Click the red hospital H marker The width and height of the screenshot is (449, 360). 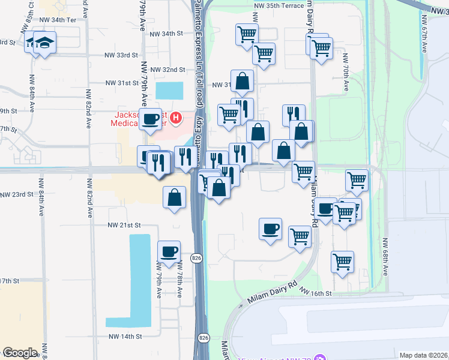pyautogui.click(x=175, y=117)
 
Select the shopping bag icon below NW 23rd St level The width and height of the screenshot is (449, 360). pyautogui.click(x=174, y=197)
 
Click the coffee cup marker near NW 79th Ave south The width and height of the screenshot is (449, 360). pyautogui.click(x=169, y=251)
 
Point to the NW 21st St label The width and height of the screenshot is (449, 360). pyautogui.click(x=124, y=225)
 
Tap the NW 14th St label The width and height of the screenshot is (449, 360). pyautogui.click(x=124, y=337)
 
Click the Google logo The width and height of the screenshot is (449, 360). pyautogui.click(x=20, y=353)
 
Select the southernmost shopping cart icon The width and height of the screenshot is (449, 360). pyautogui.click(x=342, y=261)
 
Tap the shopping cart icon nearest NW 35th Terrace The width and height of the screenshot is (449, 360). pyautogui.click(x=246, y=35)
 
